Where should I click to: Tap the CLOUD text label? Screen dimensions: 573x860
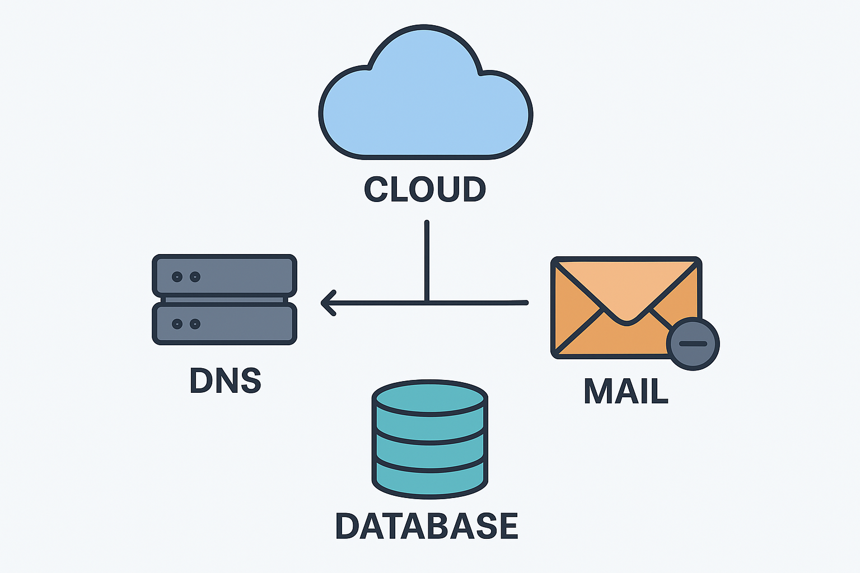(425, 189)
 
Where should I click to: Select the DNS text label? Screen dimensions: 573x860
(225, 381)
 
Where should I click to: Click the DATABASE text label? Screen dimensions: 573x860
(427, 526)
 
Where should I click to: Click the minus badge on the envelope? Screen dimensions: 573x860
(693, 344)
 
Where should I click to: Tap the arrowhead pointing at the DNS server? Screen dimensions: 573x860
(329, 303)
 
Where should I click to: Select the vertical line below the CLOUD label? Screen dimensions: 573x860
(427, 257)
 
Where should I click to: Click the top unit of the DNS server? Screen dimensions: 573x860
(224, 275)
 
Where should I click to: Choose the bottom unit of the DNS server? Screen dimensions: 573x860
(224, 324)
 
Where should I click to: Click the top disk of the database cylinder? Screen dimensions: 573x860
(430, 398)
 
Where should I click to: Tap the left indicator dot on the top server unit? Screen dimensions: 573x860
(177, 276)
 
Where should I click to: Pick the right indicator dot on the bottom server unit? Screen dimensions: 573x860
(195, 324)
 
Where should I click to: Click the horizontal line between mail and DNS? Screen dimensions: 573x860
(476, 303)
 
